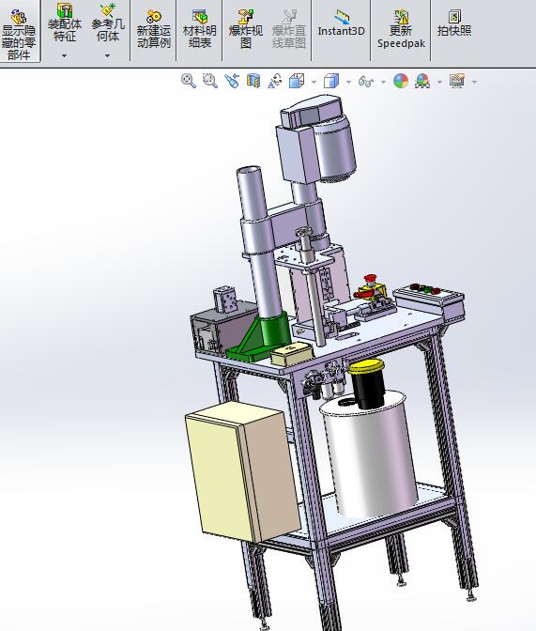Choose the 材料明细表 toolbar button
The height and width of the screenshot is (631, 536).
coord(199,28)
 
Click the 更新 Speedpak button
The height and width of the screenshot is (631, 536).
coord(401,28)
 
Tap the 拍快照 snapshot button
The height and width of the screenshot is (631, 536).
coord(454,23)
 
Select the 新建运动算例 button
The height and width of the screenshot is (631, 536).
coord(153,28)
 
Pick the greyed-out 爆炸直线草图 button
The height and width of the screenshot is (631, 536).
coord(289,28)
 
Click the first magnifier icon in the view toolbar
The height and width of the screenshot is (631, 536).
coord(189,82)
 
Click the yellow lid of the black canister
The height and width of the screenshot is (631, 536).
coord(367,365)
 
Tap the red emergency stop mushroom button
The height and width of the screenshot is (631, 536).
coord(370,282)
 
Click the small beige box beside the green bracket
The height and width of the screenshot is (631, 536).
coord(290,354)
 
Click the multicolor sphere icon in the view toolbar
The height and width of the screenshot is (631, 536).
coord(401,82)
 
